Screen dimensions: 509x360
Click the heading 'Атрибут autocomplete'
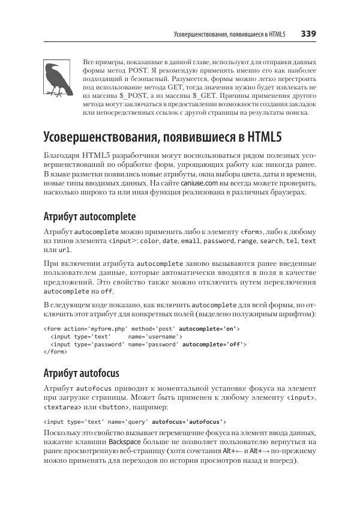(90, 217)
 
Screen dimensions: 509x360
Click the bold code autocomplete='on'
(209, 329)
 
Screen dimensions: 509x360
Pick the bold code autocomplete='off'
(214, 345)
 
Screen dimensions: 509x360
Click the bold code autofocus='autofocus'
(190, 422)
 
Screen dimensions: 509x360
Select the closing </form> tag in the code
(55, 352)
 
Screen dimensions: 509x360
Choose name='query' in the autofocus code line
(130, 422)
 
